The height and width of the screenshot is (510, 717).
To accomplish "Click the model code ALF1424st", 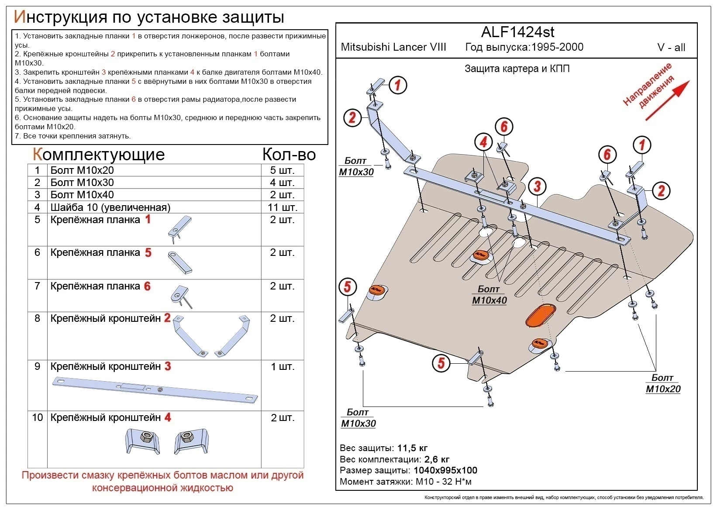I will pos(517,32).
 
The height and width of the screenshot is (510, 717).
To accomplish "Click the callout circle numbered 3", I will pos(537,186).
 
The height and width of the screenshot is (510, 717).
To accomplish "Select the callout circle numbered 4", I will pos(483,142).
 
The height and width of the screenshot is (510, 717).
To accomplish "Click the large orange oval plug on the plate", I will pos(541,316).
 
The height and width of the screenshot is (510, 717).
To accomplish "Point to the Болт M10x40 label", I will pos(489,295).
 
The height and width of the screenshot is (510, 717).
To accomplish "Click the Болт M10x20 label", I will pos(663,383).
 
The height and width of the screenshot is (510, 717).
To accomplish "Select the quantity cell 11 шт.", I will pos(282,207).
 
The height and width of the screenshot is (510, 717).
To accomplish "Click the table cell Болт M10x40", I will pos(82,195).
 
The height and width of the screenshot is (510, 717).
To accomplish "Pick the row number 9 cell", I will pos(37,366).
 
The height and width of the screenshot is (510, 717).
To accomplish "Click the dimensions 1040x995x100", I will pos(445,470).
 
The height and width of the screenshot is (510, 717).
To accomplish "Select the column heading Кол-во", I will pos(289,155).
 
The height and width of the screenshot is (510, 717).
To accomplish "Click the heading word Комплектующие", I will pos(99,155).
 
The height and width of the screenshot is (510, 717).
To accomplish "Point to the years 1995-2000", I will pos(557,47).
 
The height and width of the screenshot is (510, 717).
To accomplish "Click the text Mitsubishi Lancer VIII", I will pos(393,47).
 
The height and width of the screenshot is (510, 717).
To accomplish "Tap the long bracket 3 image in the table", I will pos(155,389).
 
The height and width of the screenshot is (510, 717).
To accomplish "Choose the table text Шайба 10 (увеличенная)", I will pos(110,207).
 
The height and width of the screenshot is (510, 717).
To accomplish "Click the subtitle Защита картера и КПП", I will pos(517,69).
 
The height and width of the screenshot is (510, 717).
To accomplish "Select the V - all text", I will pos(671,48).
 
